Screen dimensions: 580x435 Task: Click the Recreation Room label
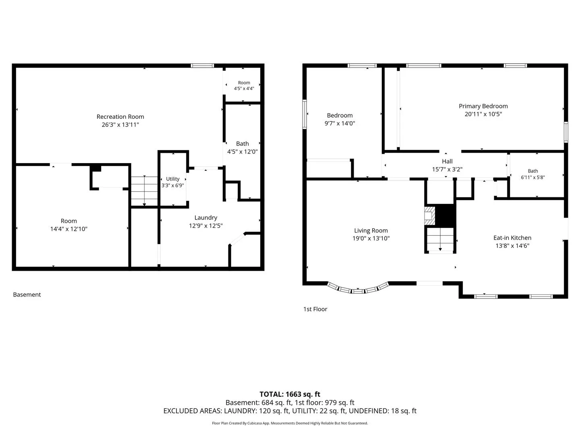[120, 116]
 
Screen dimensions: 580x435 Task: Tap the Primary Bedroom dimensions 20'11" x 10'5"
[483, 114]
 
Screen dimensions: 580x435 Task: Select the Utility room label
[172, 179]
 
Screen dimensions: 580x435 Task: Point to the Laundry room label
[205, 217]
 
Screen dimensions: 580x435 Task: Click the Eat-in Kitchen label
[512, 238]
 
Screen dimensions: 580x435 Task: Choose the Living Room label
[371, 230]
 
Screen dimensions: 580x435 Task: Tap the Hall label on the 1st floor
[447, 162]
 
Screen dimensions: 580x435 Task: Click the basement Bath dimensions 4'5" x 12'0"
[242, 151]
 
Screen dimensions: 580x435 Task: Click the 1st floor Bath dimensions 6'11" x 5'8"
[533, 178]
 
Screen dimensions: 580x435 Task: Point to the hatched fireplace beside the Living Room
[429, 216]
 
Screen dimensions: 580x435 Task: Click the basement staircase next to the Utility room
[144, 191]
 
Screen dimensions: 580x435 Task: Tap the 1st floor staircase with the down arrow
[440, 239]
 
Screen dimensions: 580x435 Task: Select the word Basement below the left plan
[27, 295]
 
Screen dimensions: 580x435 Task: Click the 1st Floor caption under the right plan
[315, 309]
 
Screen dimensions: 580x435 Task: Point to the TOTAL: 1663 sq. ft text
[290, 394]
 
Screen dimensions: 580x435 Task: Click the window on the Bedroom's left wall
[304, 114]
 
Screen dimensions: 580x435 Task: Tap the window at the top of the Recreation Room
[203, 66]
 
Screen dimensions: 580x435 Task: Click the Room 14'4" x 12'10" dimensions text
[69, 229]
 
